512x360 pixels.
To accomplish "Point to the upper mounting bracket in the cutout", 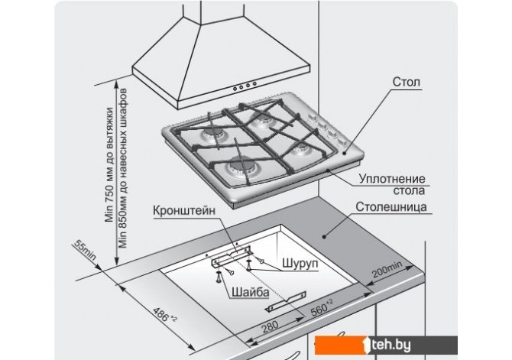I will [231, 253].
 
